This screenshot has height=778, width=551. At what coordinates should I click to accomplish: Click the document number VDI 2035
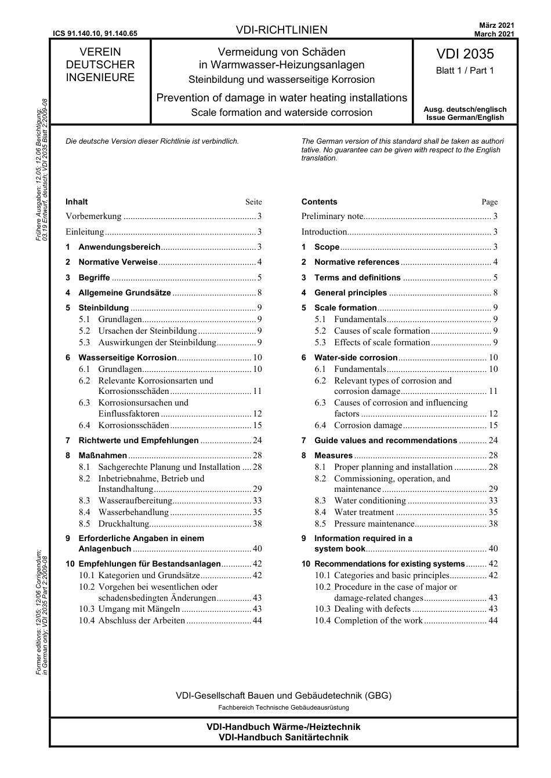click(465, 54)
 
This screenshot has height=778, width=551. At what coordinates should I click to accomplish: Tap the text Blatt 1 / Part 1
click(465, 71)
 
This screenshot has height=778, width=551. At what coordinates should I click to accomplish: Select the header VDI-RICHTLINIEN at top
click(281, 30)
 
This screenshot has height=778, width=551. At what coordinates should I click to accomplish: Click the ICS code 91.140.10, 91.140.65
click(95, 34)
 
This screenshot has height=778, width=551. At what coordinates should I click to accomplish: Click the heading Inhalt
click(77, 202)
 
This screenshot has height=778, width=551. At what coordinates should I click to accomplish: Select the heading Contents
click(319, 202)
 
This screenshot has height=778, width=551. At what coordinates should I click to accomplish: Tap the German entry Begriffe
click(94, 277)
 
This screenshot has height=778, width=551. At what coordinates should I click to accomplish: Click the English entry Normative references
click(357, 262)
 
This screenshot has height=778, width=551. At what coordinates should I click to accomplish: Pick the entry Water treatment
click(364, 512)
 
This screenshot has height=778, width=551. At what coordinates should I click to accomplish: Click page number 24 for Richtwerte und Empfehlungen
click(257, 440)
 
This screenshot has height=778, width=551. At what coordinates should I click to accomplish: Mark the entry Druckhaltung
click(124, 524)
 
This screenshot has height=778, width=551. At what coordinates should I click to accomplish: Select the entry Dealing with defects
click(372, 609)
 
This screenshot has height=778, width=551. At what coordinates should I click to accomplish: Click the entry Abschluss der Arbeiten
click(142, 620)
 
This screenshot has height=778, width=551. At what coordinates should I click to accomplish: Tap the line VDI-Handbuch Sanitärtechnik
click(283, 737)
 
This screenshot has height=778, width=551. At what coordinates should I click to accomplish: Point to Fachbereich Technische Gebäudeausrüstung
click(283, 707)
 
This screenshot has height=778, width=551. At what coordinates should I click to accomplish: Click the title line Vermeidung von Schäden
click(281, 52)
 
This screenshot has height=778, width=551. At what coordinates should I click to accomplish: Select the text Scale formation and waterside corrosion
click(281, 112)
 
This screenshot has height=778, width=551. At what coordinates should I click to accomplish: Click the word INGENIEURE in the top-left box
click(100, 78)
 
